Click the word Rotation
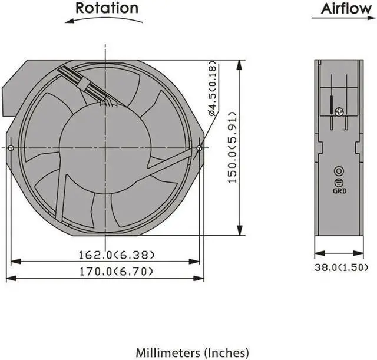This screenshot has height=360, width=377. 107,8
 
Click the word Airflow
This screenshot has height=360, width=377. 346,9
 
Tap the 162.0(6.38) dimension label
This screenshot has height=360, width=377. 117,255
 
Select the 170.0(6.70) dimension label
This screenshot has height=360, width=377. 116,272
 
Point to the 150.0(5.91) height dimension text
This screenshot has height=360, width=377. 232,147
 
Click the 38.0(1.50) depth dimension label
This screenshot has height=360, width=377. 342,267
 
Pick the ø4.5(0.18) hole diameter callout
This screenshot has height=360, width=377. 213,88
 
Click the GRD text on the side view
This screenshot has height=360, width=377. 339,191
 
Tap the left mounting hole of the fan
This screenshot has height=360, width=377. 11,148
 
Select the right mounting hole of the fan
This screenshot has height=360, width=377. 199,148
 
